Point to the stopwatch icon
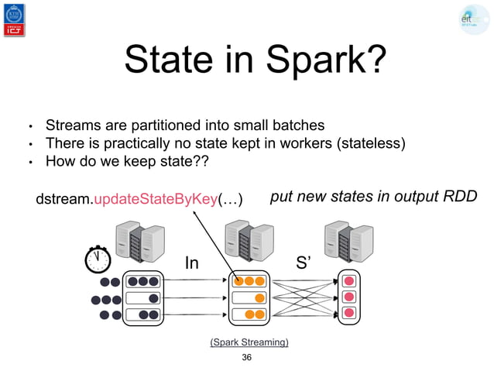[x=98, y=259]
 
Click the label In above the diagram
[x=190, y=264]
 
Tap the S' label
[x=306, y=263]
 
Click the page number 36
[x=247, y=357]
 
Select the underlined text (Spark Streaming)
[x=249, y=341]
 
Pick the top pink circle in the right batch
[x=348, y=280]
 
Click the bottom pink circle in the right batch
[x=348, y=313]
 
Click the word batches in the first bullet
[x=297, y=125]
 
